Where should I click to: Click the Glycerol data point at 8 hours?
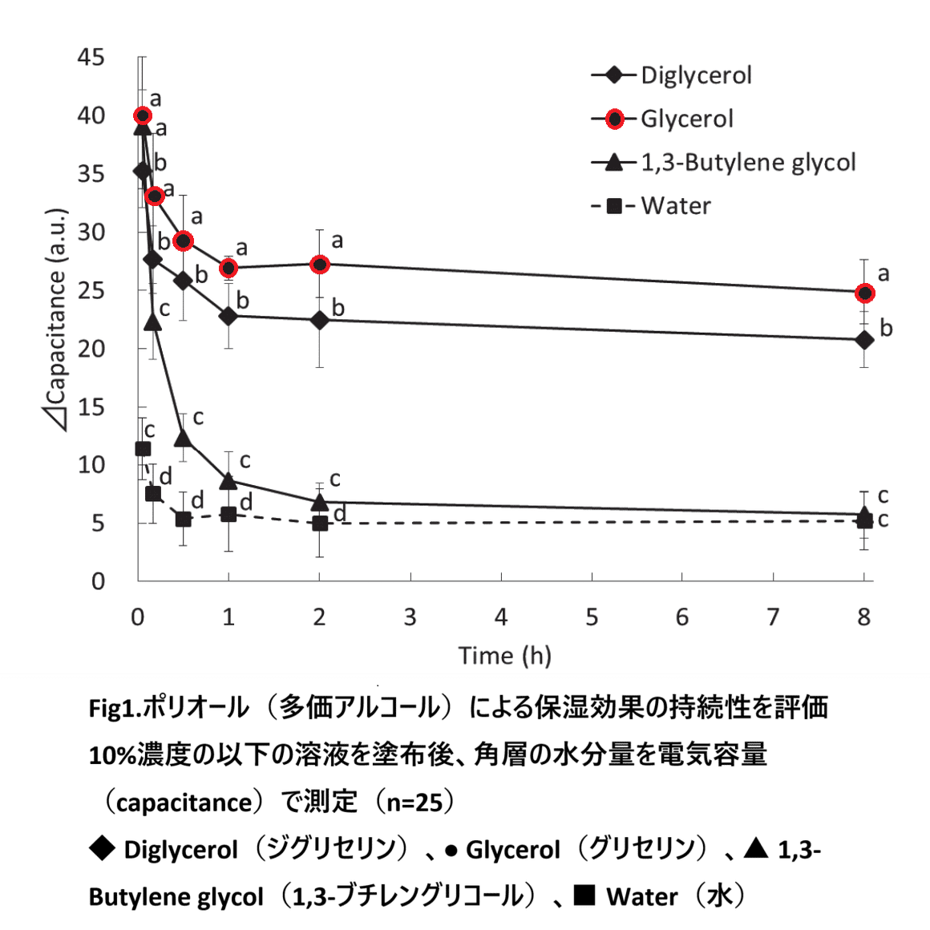coord(864,293)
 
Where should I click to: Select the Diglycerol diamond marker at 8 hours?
coord(864,340)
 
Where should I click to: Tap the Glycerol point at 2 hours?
coord(320,264)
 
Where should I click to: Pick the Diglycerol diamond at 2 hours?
coord(320,320)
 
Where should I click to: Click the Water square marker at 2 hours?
coord(320,524)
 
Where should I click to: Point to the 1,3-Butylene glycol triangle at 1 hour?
coord(228,481)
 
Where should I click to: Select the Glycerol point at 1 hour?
coord(228,268)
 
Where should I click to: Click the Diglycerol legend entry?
coord(695,75)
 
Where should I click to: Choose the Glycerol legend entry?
coord(686,119)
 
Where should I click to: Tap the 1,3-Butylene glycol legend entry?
coord(747,163)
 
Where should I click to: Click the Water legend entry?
coord(675,206)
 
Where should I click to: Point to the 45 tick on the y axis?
coord(91,57)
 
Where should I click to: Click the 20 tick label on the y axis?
coord(91,349)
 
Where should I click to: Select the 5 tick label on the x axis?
coord(592,617)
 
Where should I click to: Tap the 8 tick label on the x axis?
coord(863,617)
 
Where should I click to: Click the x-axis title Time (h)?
coord(505,656)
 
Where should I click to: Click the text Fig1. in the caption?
coord(115,708)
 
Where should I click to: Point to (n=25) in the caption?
coord(415,802)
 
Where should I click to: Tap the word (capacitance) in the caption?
coord(183,802)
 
